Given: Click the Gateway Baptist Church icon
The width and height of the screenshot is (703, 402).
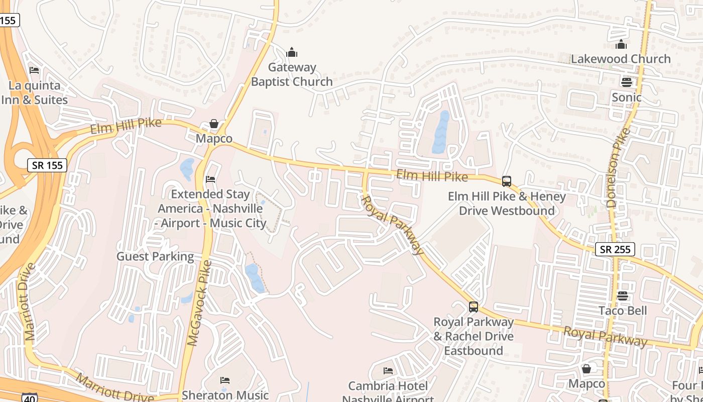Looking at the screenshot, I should [x=292, y=52].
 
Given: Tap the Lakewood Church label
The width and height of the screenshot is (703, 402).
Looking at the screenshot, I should [x=621, y=59].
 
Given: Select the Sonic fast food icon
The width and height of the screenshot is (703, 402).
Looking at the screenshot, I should [x=626, y=81].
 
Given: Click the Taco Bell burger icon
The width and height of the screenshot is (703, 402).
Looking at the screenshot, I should [x=623, y=296].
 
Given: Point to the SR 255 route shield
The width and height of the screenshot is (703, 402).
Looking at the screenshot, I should [x=615, y=249].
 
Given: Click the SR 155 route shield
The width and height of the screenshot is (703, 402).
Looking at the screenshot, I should [x=47, y=165].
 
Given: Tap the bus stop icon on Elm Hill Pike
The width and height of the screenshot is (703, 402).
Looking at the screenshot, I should [x=507, y=181].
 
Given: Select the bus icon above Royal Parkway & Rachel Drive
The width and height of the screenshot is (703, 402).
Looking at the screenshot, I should [x=473, y=307].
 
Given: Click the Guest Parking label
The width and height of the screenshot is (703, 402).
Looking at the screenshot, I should [x=155, y=256].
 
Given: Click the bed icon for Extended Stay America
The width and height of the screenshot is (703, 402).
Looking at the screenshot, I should [x=210, y=179].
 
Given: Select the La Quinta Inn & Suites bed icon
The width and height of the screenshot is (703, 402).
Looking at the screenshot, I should [x=34, y=70].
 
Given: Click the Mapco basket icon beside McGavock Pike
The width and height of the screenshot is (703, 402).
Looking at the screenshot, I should [x=214, y=124].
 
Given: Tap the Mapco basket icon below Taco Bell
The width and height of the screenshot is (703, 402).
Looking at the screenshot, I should [x=586, y=369].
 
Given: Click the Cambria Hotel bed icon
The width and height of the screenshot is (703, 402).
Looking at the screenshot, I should [x=388, y=371].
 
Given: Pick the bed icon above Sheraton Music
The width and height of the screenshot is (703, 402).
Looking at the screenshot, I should [x=225, y=380].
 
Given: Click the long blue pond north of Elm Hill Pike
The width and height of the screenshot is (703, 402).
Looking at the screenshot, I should [x=441, y=132].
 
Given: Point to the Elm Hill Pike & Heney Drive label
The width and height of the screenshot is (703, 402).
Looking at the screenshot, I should [x=507, y=203].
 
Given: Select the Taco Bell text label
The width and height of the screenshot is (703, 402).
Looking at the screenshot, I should [x=623, y=311].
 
